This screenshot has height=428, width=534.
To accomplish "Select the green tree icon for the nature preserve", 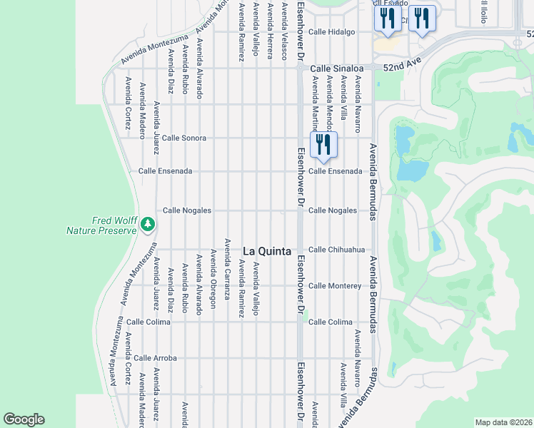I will coord(148,225).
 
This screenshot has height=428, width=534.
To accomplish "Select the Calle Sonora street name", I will coord(184,138).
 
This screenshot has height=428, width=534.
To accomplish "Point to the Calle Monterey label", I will coord(335,286).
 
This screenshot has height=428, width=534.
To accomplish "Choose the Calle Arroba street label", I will coord(155,358).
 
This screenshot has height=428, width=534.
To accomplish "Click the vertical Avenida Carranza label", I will coord(227,268).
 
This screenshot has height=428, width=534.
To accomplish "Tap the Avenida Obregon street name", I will coord(213,279).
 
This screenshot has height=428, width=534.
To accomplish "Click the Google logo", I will coord(24,419).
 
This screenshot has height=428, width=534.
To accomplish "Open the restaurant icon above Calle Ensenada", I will coord(323,144).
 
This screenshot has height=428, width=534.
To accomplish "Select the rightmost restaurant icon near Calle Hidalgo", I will coord(422,19).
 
